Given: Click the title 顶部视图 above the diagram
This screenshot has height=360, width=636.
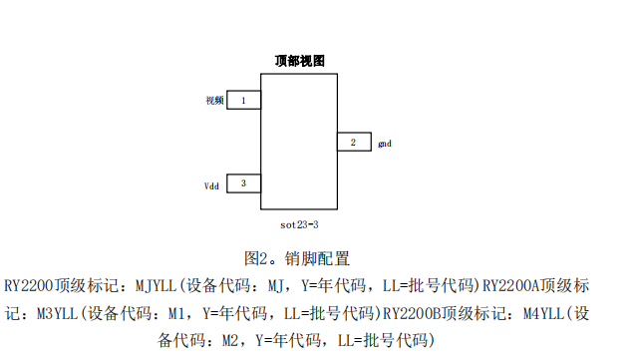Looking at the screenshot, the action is point(299,61).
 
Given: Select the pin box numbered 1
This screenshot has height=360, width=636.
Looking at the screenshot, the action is point(244,100).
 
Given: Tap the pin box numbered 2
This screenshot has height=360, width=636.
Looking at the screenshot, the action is point(353,143).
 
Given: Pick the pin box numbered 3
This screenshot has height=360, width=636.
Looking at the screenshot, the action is point(244,183).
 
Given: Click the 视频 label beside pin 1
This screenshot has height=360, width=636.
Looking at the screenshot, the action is point(214,101).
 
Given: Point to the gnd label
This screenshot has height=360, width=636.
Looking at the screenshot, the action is point(385,144).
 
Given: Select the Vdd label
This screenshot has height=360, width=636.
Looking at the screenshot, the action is point(212,184).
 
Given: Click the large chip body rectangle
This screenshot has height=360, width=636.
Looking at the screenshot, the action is point(299,140).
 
